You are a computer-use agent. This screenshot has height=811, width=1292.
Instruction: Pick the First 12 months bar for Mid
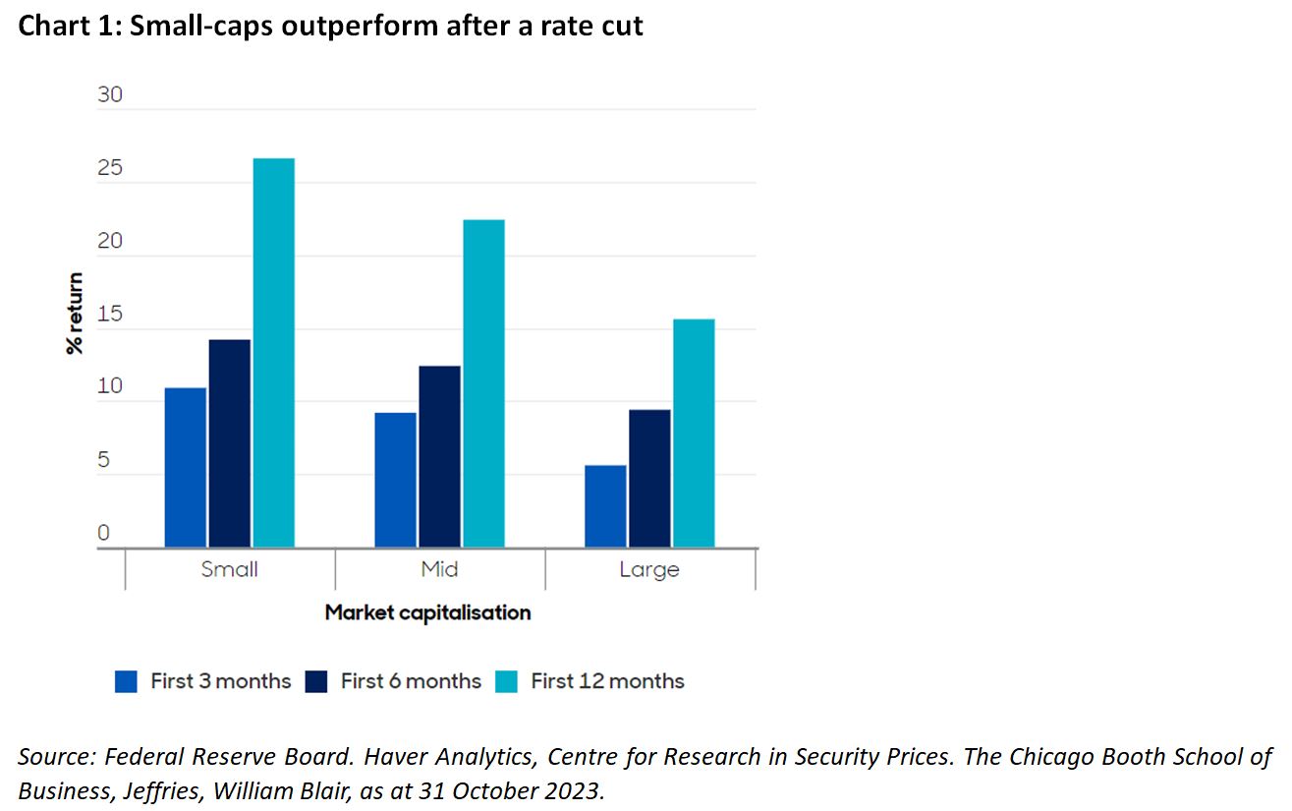point(483,383)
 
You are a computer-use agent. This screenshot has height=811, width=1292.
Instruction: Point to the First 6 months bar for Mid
point(439,456)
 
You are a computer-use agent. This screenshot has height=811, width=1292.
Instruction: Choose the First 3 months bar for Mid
point(396,480)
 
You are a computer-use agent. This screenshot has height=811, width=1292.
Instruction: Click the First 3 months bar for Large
point(605,506)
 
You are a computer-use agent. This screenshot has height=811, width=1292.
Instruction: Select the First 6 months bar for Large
point(649,478)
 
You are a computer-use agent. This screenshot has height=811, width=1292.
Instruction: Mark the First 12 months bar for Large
point(694,433)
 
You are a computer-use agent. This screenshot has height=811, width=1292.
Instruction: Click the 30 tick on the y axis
point(110,95)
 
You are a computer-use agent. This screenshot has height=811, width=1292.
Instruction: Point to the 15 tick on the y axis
point(110,315)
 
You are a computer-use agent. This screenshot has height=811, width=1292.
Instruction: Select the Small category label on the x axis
point(229,569)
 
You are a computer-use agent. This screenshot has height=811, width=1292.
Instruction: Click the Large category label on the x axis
point(648,569)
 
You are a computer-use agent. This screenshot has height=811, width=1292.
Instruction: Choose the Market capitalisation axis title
point(427,612)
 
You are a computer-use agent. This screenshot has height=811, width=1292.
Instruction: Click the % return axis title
point(76,314)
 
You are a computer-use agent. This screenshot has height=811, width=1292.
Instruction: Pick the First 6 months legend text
point(411,681)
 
